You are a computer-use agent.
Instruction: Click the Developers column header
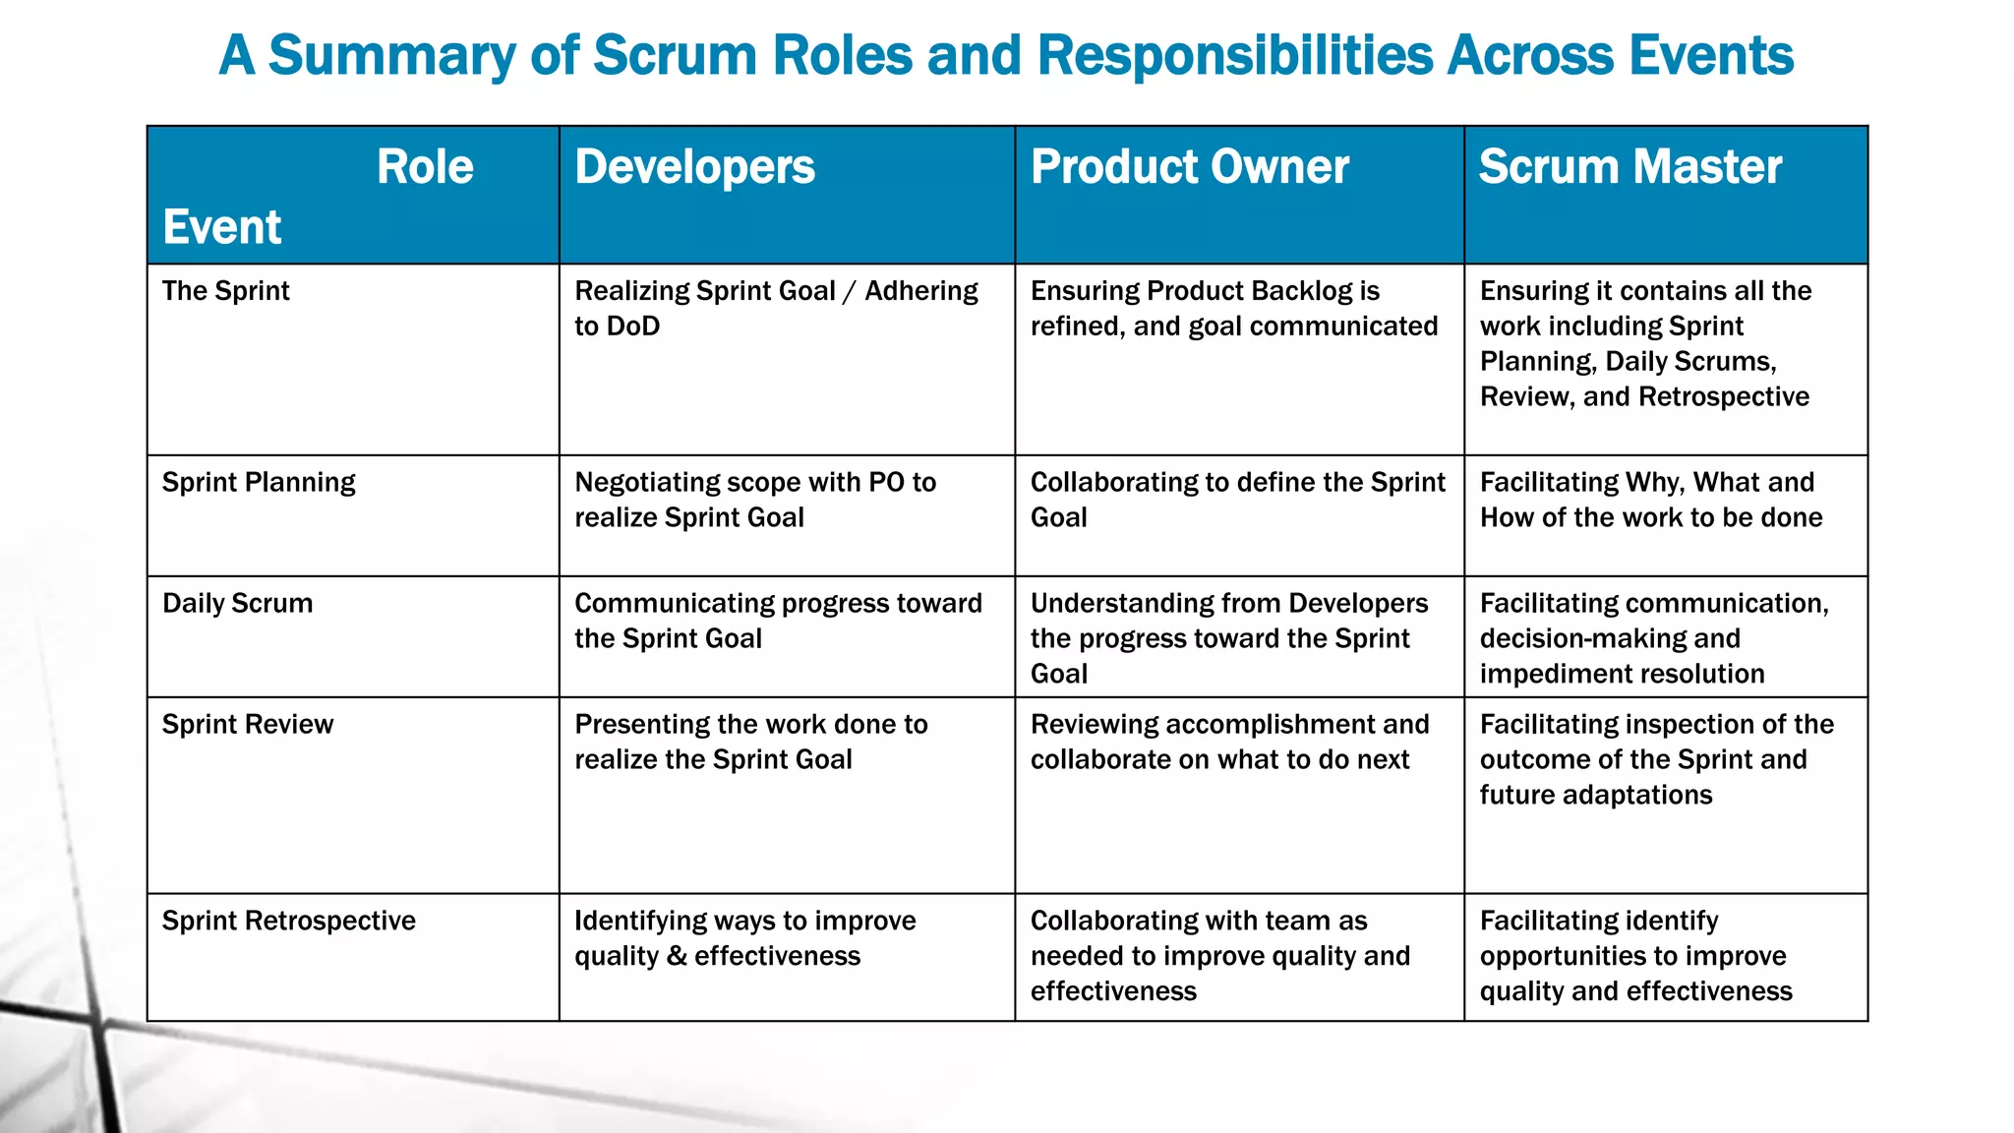pos(694,167)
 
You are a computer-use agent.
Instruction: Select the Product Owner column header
pos(1189,167)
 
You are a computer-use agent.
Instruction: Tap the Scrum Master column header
pos(1629,167)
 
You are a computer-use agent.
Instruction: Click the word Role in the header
pos(425,167)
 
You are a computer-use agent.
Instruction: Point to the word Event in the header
pos(222,227)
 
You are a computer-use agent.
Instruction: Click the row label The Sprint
pos(225,291)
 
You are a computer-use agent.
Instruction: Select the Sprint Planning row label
pos(259,483)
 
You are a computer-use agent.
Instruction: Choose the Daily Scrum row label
pos(237,604)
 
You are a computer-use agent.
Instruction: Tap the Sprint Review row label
pos(248,725)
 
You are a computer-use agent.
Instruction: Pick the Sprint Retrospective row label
pos(289,922)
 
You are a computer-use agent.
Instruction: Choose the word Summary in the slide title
pos(391,55)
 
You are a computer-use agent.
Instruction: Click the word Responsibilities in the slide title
pos(1235,55)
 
